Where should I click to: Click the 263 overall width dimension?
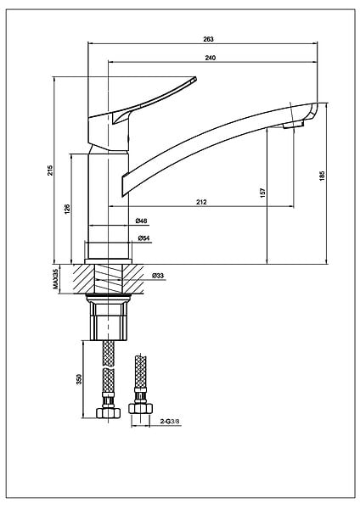pos(208,39)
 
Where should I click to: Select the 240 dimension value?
pos(211,58)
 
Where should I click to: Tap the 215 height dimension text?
pos(50,171)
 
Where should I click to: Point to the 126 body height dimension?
pos(67,209)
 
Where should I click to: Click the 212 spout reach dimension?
pos(201,202)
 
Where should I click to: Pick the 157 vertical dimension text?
pos(263,193)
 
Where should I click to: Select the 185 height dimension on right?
pos(323,176)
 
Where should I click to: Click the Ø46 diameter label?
pos(141,221)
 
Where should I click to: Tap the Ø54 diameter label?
pos(143,238)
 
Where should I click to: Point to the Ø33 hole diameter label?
pos(158,276)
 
